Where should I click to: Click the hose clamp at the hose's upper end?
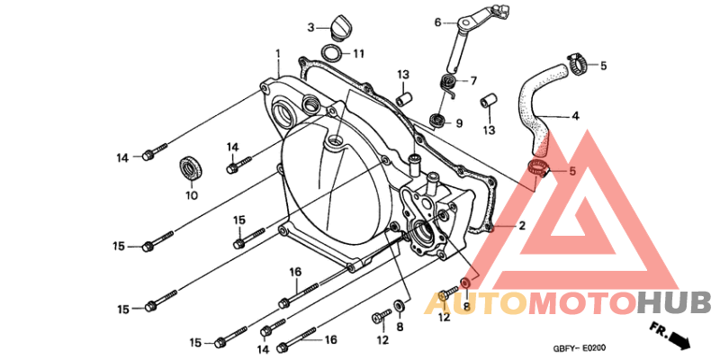point(578,65)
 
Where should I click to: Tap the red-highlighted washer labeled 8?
point(465,282)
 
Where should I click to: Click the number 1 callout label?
point(277,55)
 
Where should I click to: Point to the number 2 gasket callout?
point(522,226)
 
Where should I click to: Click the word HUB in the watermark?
point(673,303)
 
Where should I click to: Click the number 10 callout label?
point(192,195)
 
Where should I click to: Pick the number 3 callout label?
point(310,28)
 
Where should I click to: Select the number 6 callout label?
point(437,22)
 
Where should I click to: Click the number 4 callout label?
point(575,116)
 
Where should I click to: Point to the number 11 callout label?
point(358,54)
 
